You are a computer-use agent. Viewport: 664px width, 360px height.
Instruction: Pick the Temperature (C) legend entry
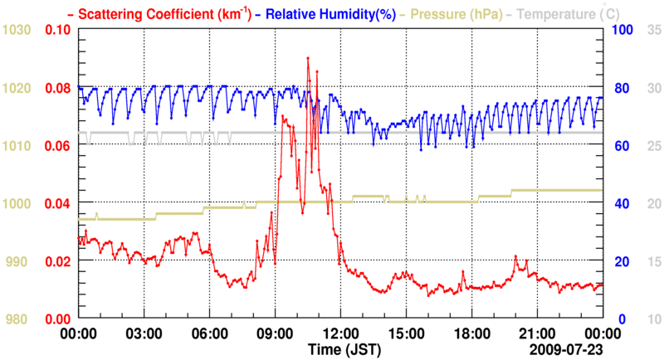coord(574,14)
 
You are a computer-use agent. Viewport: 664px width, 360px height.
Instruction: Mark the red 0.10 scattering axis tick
coord(56,30)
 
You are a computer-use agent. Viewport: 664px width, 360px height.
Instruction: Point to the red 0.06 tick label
coord(56,146)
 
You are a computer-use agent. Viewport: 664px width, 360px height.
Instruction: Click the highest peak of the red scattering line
coord(308,58)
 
